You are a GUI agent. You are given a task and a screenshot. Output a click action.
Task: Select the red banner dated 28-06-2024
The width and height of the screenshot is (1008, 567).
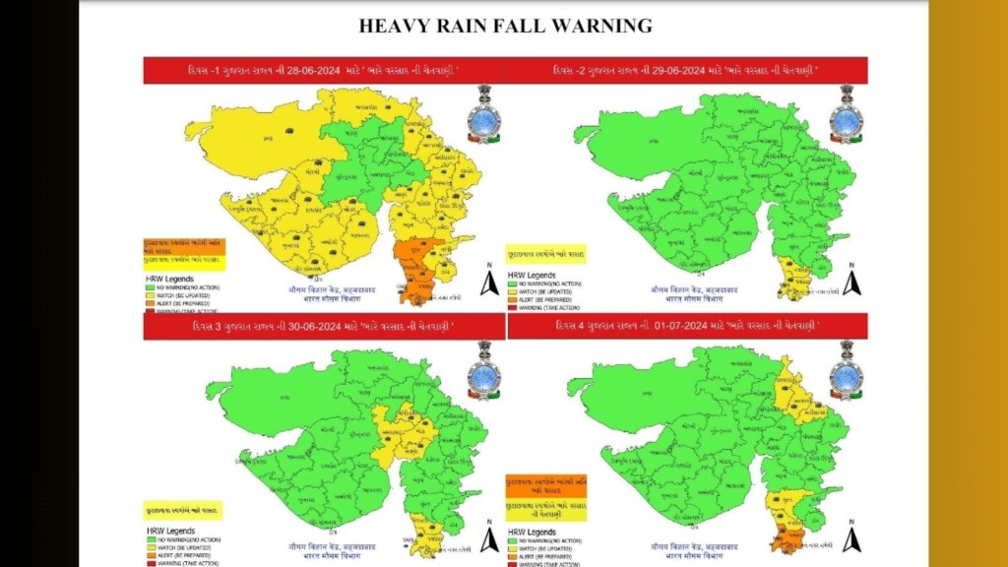[x=325, y=71]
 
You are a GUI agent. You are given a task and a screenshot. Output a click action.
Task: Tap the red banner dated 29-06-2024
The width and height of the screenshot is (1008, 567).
[x=687, y=71]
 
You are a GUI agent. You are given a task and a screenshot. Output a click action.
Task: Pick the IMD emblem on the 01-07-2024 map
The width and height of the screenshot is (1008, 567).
[x=846, y=372]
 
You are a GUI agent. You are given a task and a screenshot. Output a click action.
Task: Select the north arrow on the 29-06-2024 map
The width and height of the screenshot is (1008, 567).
[x=853, y=283]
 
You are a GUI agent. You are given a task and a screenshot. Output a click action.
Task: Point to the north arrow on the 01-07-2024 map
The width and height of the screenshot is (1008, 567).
[x=853, y=538]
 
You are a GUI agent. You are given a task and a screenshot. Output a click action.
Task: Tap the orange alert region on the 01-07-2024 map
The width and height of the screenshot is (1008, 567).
[x=787, y=537]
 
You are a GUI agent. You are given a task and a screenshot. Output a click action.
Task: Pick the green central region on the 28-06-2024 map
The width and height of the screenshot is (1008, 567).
[x=369, y=157]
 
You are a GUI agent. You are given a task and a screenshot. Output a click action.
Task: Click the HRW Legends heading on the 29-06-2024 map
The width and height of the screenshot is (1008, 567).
[x=531, y=275]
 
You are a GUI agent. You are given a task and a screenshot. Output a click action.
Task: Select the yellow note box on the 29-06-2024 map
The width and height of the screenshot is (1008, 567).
[x=545, y=254]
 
